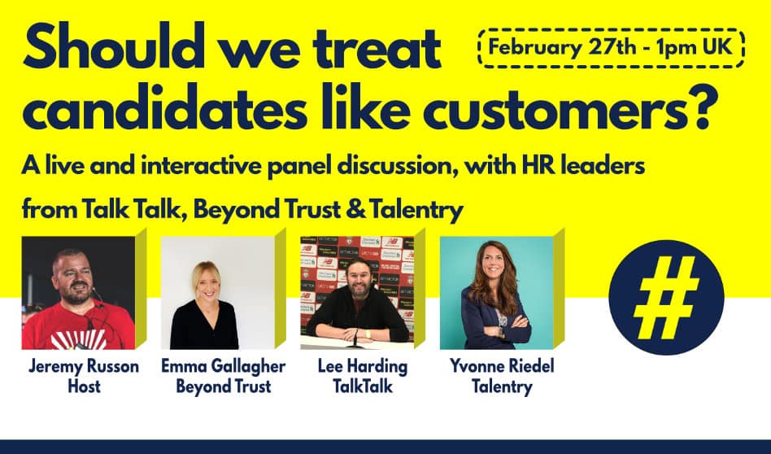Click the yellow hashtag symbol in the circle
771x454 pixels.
(x=666, y=297)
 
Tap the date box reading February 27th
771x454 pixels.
(x=611, y=48)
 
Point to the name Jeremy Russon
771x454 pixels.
(x=84, y=366)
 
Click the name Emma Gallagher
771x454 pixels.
(x=223, y=366)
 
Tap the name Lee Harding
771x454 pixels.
(x=363, y=366)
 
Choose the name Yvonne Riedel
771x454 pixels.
(x=502, y=366)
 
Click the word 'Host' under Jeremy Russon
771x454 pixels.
(x=84, y=386)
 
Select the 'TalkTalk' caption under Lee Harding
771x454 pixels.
(x=363, y=386)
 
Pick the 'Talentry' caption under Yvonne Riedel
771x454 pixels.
(x=502, y=386)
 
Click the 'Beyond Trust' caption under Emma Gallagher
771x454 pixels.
(x=223, y=386)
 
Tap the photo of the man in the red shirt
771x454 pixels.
(x=78, y=293)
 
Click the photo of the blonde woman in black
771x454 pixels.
(x=218, y=293)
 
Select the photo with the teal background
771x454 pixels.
(x=497, y=293)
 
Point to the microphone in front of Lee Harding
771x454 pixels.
(x=356, y=338)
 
